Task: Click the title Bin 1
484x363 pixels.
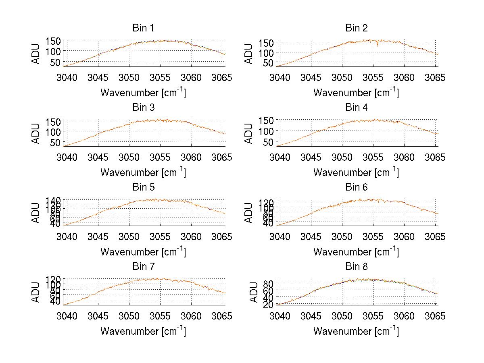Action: tap(143, 28)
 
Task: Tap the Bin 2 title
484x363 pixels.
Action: tap(357, 28)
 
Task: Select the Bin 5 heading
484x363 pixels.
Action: tap(143, 187)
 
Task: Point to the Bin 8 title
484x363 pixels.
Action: tap(357, 267)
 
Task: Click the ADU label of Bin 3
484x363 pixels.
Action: tap(36, 133)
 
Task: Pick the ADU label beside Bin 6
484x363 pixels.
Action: tap(249, 213)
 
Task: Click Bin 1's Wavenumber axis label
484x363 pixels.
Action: tap(143, 93)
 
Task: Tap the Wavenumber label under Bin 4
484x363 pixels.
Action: tap(357, 172)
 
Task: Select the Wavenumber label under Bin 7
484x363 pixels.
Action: tap(143, 331)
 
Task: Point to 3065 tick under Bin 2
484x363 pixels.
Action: tap(435, 77)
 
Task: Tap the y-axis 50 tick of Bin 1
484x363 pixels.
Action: tap(55, 62)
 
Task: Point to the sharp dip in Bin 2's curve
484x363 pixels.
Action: tap(378, 46)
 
